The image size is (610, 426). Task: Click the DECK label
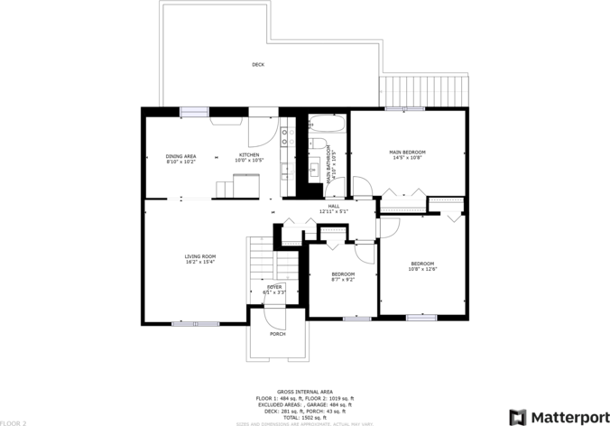pos(258,64)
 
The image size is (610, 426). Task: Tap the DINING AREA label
pos(180,155)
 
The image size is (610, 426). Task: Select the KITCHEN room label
pos(249,155)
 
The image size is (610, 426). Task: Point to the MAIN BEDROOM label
pos(407,152)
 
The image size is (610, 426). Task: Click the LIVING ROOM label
pos(200,256)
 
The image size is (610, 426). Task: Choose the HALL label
pos(333,206)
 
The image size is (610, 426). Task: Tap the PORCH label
pos(277,334)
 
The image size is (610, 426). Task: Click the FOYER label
pos(273,287)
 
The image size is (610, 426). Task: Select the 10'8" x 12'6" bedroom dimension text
pos(422,269)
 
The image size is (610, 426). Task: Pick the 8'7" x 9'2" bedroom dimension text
pos(343,280)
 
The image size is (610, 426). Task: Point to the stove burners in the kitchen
pos(286,136)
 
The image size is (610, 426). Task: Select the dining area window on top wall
pos(194,111)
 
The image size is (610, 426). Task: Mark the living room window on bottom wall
pos(195,323)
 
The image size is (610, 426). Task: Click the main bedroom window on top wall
pos(405,109)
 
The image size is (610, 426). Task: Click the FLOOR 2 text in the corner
pos(14,422)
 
